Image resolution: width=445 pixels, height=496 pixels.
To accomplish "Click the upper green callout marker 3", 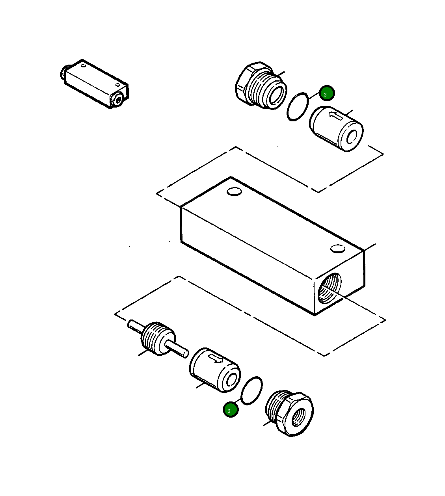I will coord(327,93).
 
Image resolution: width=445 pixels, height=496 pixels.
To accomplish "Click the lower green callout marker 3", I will coord(231,410).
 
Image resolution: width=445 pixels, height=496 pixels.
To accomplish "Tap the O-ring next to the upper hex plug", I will coord(298,107).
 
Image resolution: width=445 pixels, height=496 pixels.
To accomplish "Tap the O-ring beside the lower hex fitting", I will coord(252,390).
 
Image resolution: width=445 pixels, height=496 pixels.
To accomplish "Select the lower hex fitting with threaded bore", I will coord(290,414).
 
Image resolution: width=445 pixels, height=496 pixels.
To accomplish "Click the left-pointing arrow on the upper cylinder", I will coord(336,115).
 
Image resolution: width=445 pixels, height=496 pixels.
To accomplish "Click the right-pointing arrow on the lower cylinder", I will coord(215,358).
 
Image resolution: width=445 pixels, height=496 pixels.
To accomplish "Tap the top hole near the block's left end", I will coord(234,192).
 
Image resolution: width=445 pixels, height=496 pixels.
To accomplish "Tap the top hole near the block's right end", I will coord(338,249).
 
